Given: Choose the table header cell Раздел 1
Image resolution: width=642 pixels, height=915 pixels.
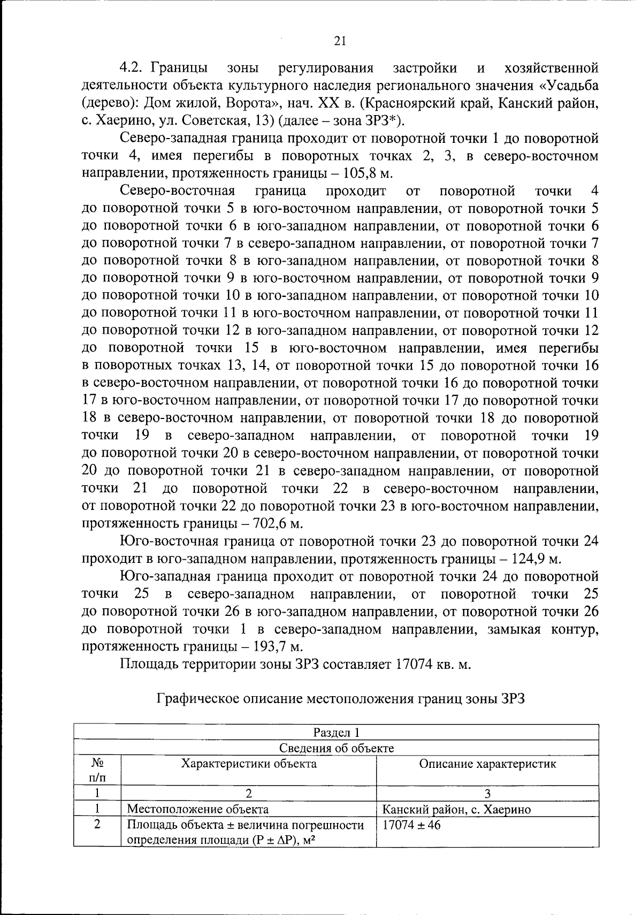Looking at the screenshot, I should [336, 732].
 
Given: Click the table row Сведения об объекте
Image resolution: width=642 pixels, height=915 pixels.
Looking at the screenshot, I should [336, 748].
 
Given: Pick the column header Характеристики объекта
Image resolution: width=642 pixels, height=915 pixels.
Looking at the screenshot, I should [249, 764].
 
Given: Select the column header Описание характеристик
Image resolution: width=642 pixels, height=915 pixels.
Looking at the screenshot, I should [487, 764].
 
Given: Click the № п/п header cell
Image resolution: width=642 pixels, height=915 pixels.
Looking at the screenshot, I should [97, 769].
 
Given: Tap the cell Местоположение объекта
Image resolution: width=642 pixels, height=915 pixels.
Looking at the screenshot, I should [198, 809].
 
